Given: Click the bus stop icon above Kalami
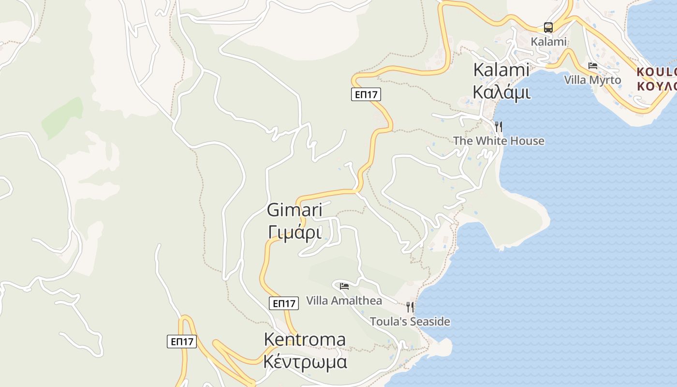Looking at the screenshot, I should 548,28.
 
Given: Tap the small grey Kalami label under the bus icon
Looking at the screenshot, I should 548,42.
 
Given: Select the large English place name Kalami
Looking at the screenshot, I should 501,70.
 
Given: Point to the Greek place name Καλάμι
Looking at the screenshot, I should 501,91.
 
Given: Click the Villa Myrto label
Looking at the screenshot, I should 592,80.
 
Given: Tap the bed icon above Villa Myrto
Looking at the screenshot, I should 593,66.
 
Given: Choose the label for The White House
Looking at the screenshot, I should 499,141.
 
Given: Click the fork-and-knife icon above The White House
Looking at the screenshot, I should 499,127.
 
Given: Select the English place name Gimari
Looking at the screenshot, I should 294,210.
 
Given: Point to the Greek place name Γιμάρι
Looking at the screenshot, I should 294,232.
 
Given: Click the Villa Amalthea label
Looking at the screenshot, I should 344,300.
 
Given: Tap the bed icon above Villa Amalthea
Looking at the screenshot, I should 344,286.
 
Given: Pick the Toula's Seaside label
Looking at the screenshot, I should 410,321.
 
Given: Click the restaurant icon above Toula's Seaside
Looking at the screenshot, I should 410,307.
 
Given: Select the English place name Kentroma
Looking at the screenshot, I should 305,340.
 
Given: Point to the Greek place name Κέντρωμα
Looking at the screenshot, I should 306,362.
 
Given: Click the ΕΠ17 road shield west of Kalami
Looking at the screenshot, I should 366,94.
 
